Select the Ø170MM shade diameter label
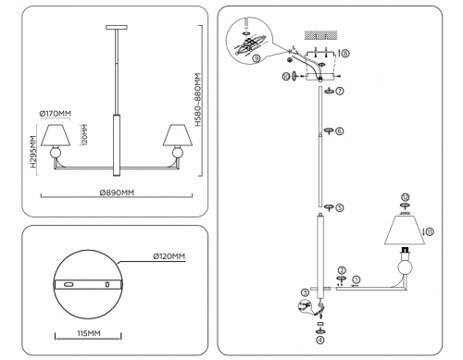[x=54, y=114]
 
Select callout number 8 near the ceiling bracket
[x=345, y=55]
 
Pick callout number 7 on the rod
[x=341, y=92]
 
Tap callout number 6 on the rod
[x=341, y=131]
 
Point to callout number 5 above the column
[x=341, y=208]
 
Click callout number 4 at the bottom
[x=319, y=338]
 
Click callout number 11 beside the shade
[x=428, y=228]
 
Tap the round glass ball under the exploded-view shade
[x=405, y=268]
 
